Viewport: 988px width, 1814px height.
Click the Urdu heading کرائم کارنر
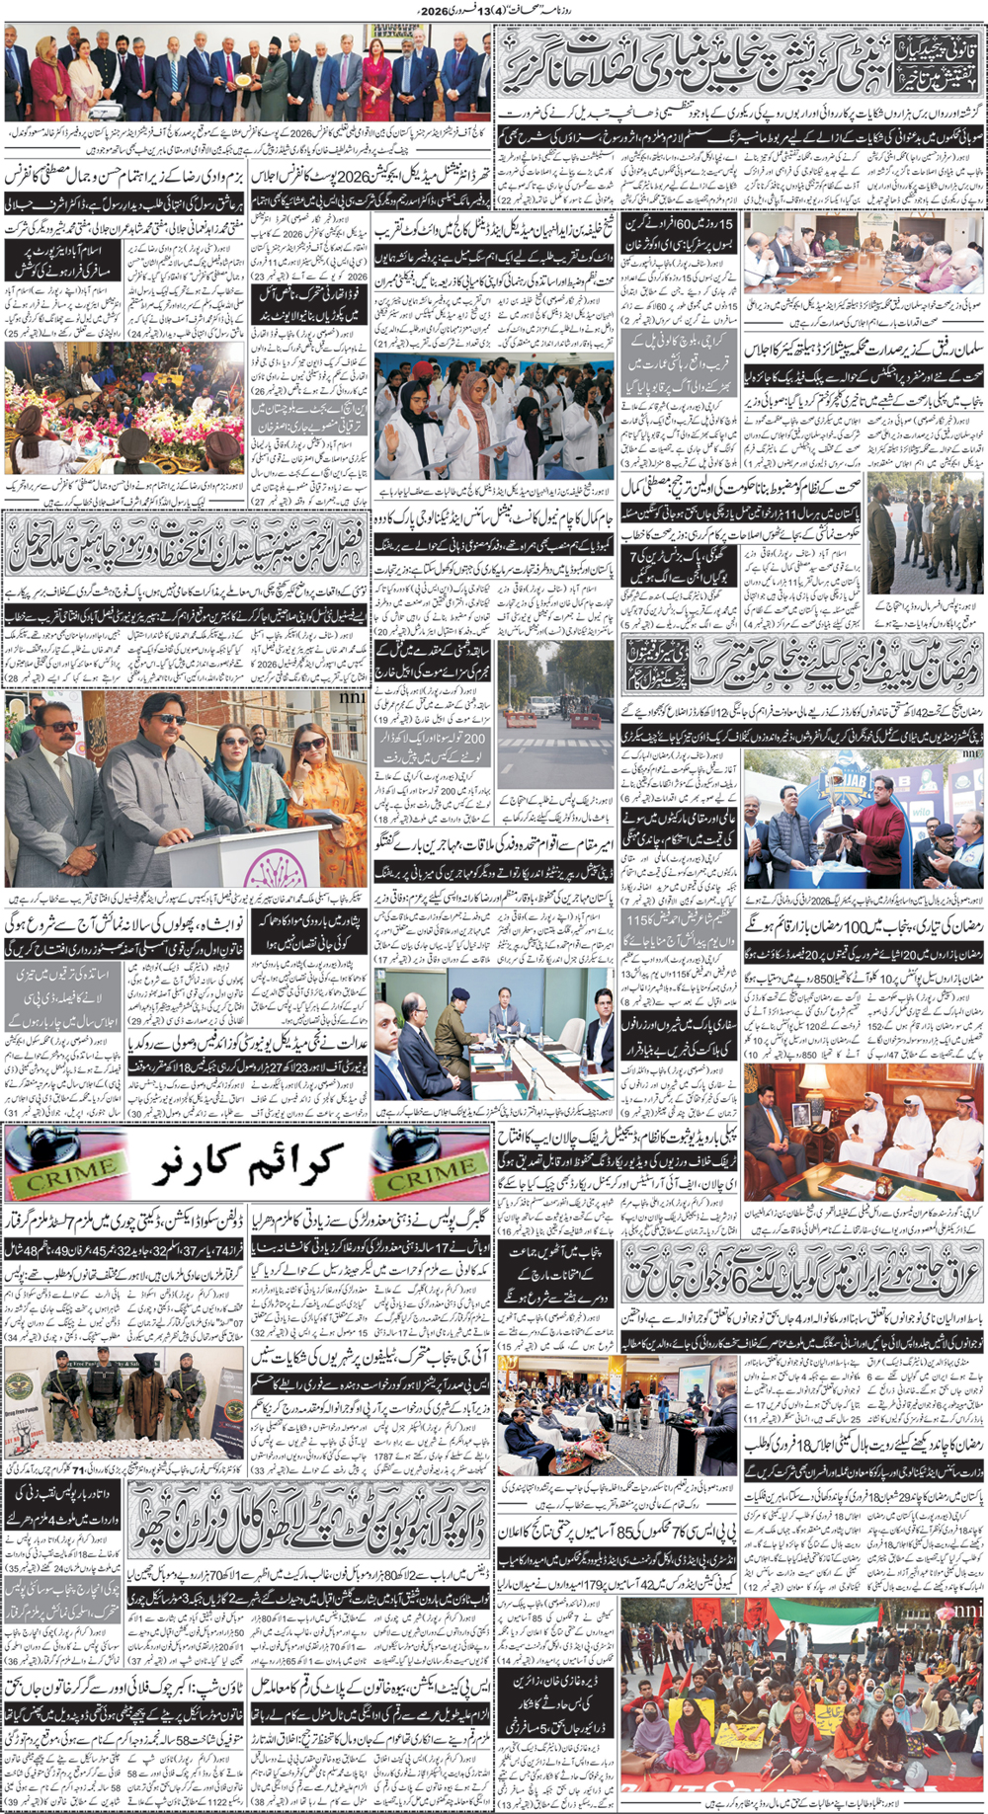[247, 1165]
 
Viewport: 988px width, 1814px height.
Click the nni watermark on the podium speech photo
[354, 698]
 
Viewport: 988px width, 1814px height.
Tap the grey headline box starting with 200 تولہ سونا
[432, 746]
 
